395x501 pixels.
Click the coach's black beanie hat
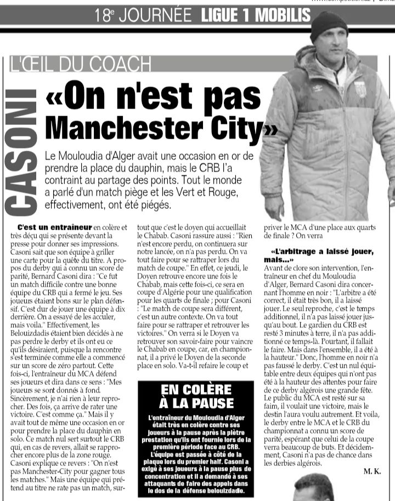(x=329, y=25)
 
